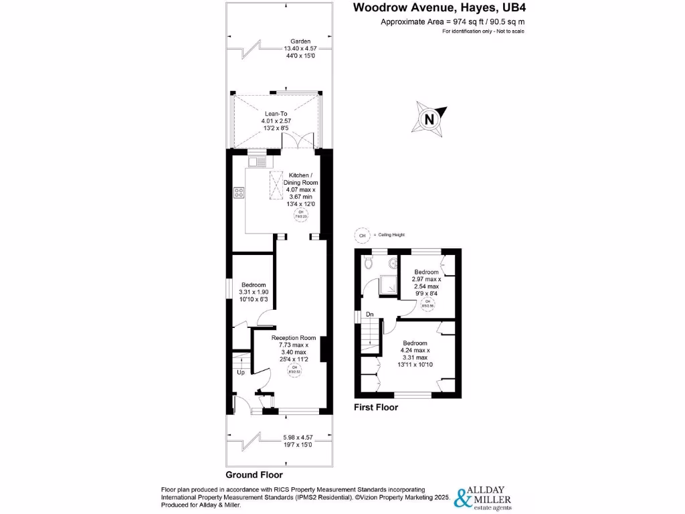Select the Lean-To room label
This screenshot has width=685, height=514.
pyautogui.click(x=276, y=121)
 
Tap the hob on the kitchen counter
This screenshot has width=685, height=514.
pyautogui.click(x=239, y=193)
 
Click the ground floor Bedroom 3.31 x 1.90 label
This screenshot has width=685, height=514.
pyautogui.click(x=254, y=292)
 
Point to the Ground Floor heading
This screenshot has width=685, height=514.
pyautogui.click(x=254, y=475)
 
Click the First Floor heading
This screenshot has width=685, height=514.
pyautogui.click(x=375, y=407)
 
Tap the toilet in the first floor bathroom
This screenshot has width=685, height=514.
pyautogui.click(x=367, y=264)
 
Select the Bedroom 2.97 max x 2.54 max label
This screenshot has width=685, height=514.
pyautogui.click(x=425, y=282)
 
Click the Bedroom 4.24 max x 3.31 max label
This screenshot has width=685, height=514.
pyautogui.click(x=415, y=354)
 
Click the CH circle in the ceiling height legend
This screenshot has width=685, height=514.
pyautogui.click(x=363, y=236)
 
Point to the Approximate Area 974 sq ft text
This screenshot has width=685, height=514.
pyautogui.click(x=452, y=22)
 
